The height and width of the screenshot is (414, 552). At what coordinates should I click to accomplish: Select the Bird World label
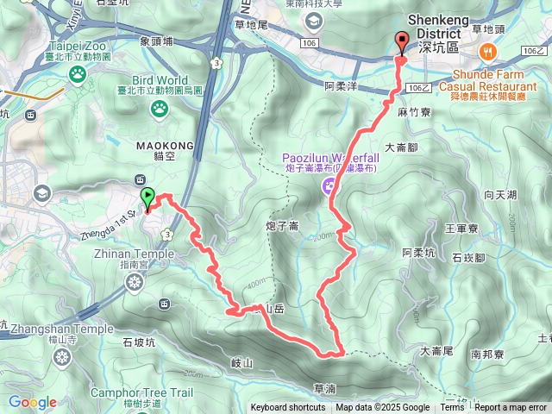(x=159, y=80)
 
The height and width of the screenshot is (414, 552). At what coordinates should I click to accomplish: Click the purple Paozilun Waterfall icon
(x=329, y=185)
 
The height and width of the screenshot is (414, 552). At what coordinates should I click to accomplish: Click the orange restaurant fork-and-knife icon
(x=489, y=51)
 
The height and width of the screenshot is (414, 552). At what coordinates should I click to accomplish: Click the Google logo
(x=32, y=402)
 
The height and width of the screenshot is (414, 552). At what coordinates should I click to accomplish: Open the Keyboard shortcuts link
(x=287, y=408)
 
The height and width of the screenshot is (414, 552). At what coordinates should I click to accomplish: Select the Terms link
(x=452, y=408)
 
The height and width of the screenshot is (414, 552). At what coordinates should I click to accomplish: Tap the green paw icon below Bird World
(x=160, y=108)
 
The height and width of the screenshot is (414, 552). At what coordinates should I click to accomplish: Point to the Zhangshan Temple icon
(x=61, y=355)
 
